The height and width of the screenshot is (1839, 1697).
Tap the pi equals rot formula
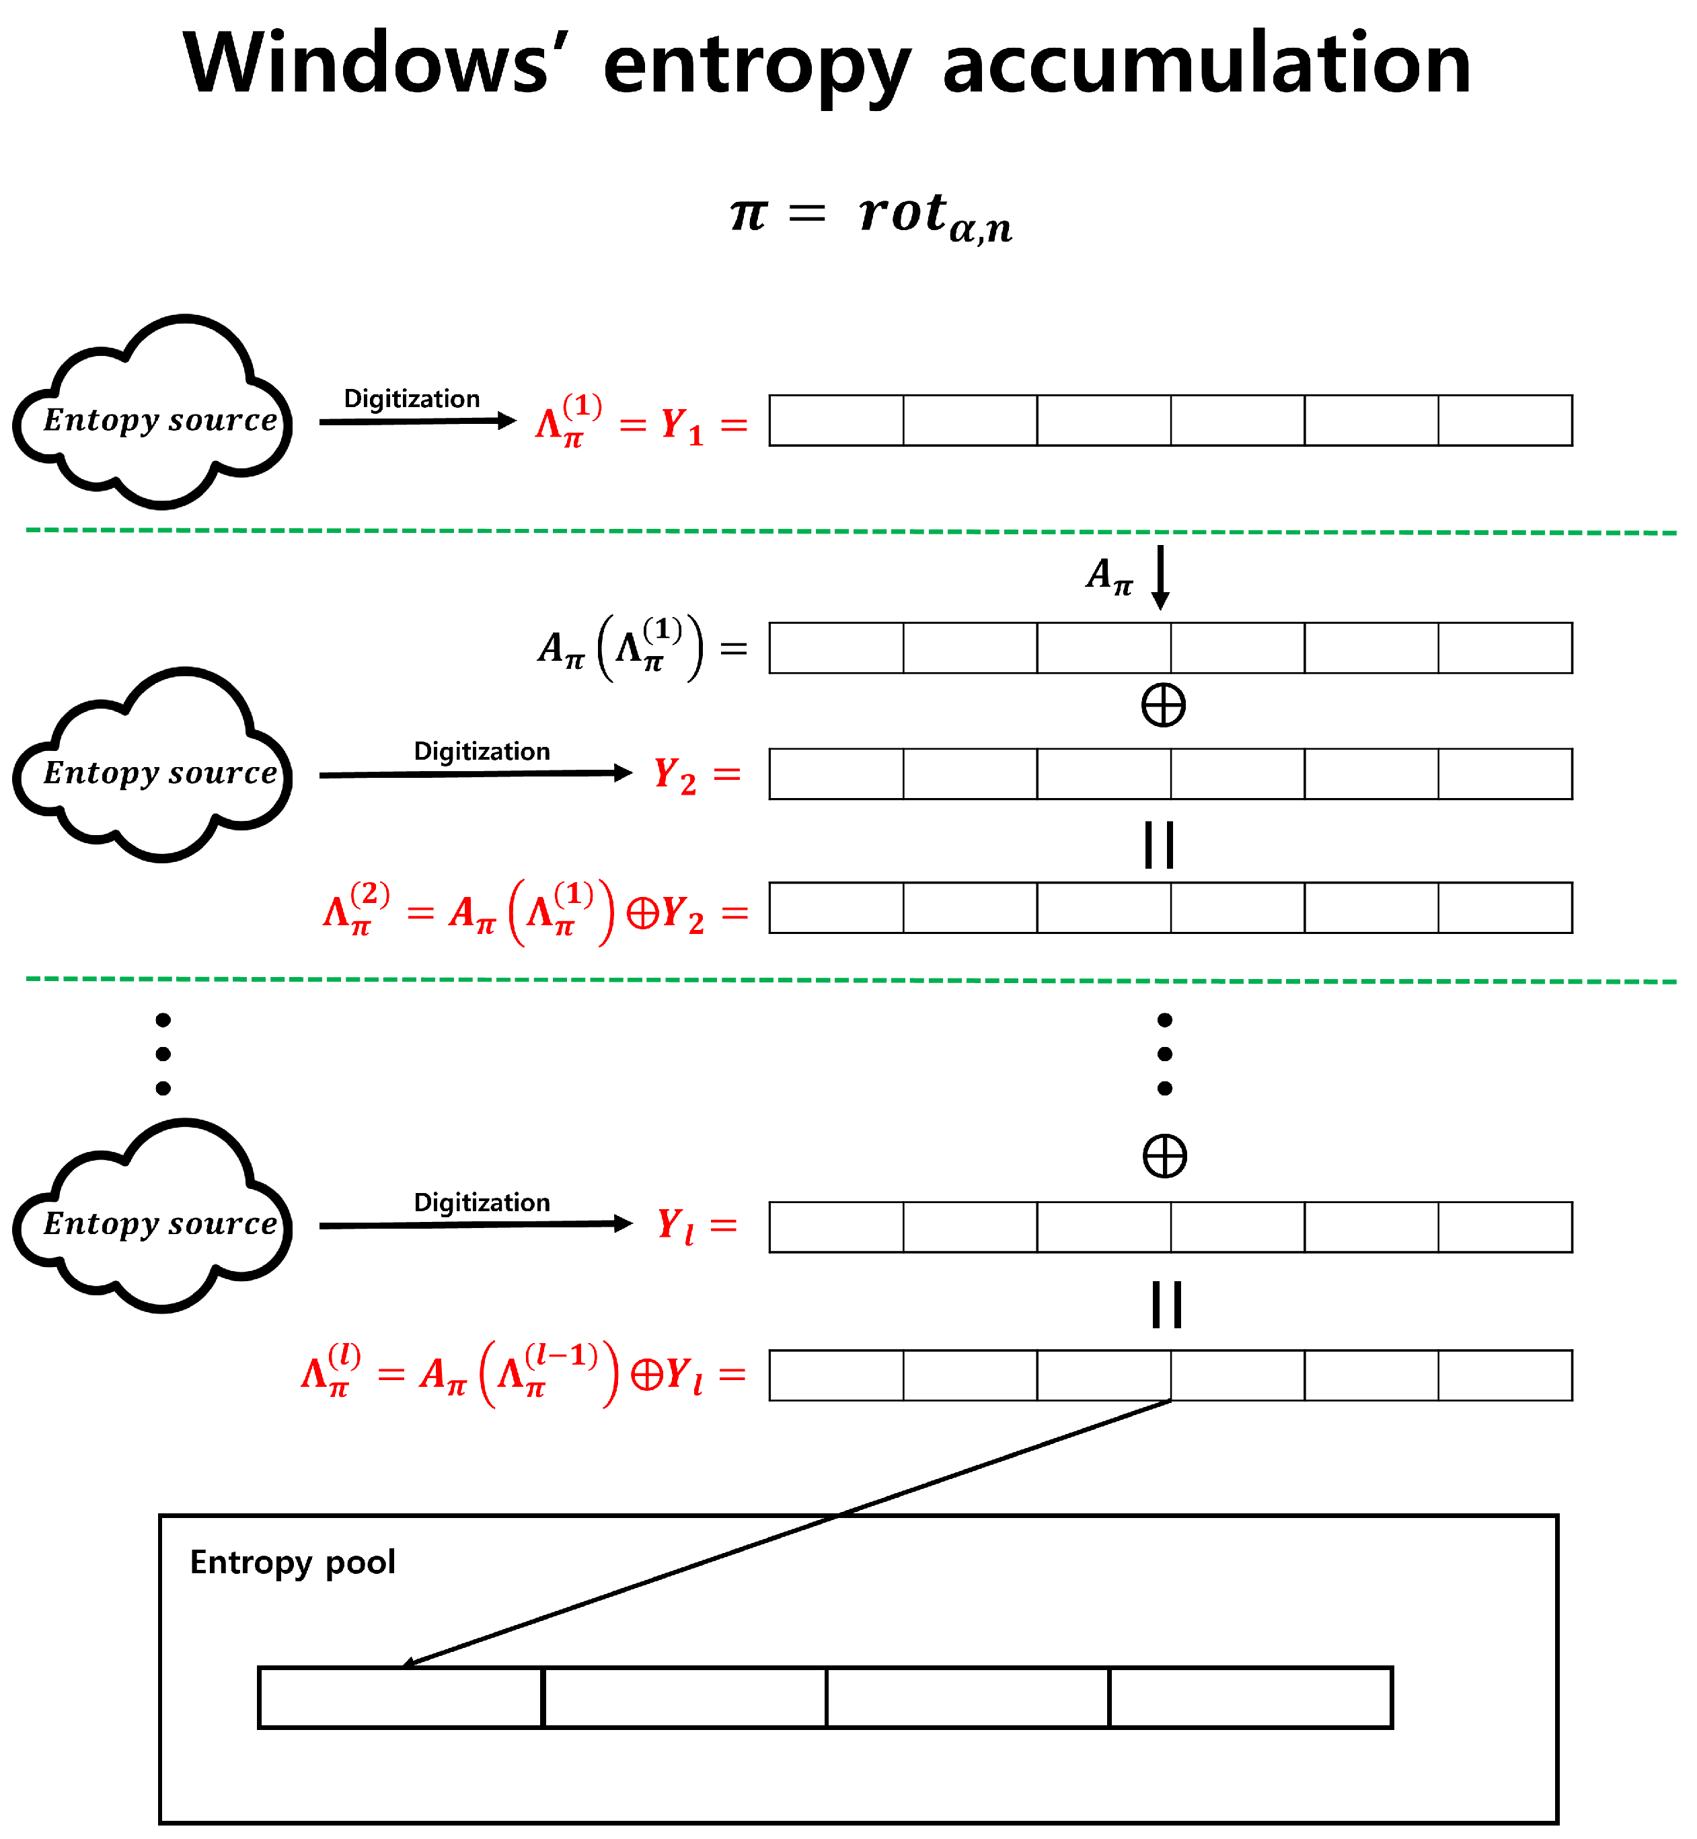tap(870, 217)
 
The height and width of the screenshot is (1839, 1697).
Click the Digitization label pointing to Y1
tap(412, 398)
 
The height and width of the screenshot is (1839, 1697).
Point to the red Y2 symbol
tap(675, 775)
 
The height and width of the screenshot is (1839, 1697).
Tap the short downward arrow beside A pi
tap(1161, 577)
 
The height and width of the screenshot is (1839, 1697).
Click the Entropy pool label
tap(292, 1562)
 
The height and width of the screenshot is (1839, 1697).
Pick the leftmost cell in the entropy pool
tap(400, 1698)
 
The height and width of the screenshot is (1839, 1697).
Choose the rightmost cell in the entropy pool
tap(1250, 1698)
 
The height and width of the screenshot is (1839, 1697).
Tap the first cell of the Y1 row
tap(835, 421)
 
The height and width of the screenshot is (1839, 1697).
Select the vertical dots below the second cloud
tap(163, 1054)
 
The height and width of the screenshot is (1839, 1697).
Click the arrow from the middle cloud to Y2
tap(476, 774)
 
